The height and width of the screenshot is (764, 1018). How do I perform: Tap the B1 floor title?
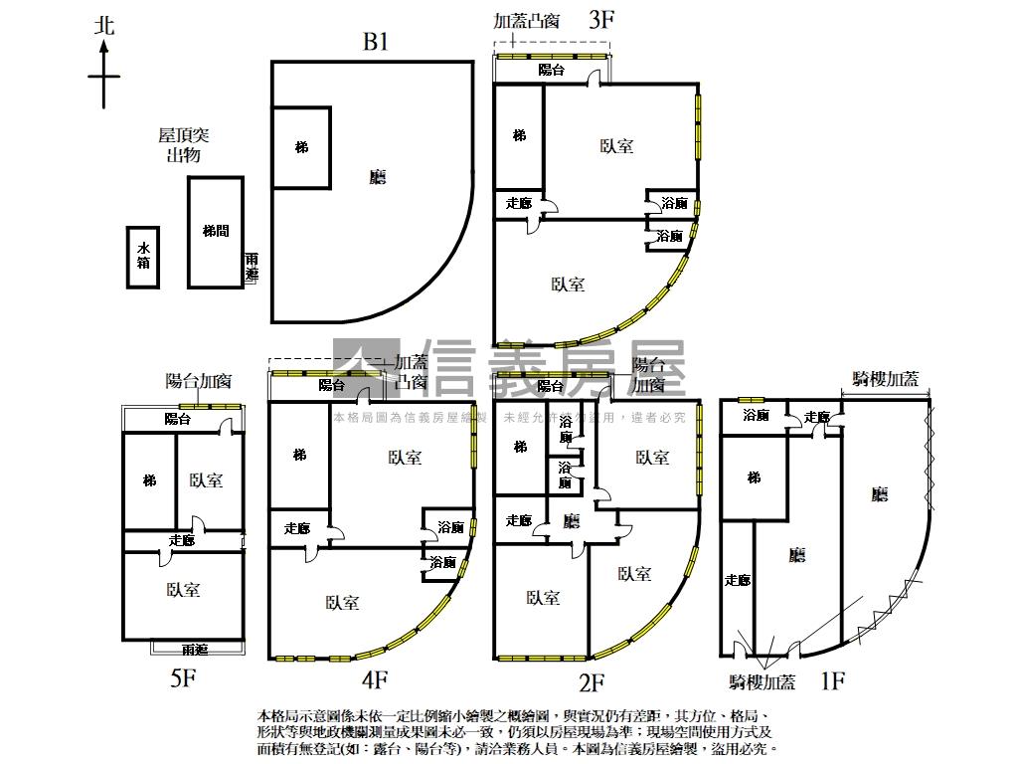pyautogui.click(x=376, y=42)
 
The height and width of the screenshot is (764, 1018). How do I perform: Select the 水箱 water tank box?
pyautogui.click(x=143, y=257)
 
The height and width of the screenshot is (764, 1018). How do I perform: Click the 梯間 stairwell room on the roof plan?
pyautogui.click(x=216, y=231)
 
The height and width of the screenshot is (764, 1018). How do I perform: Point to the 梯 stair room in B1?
pyautogui.click(x=301, y=148)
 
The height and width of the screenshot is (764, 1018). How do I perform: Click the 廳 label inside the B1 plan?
pyautogui.click(x=377, y=177)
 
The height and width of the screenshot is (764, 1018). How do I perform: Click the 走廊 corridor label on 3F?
pyautogui.click(x=519, y=203)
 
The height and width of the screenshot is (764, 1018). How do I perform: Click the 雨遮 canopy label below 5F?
pyautogui.click(x=195, y=650)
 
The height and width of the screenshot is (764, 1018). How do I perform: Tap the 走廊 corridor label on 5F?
pyautogui.click(x=182, y=540)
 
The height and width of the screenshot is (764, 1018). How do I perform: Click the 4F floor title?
pyautogui.click(x=376, y=681)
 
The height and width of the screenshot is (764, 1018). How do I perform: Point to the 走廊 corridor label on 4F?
pyautogui.click(x=297, y=528)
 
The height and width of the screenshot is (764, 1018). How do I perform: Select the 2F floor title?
pyautogui.click(x=593, y=682)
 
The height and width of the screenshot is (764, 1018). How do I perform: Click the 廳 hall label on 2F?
pyautogui.click(x=572, y=520)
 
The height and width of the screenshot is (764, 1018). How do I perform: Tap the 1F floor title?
pyautogui.click(x=832, y=681)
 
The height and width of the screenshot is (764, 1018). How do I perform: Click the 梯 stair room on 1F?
pyautogui.click(x=755, y=478)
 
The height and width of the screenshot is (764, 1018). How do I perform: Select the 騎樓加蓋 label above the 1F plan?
pyautogui.click(x=886, y=379)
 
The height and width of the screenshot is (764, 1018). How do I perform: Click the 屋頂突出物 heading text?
pyautogui.click(x=184, y=144)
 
